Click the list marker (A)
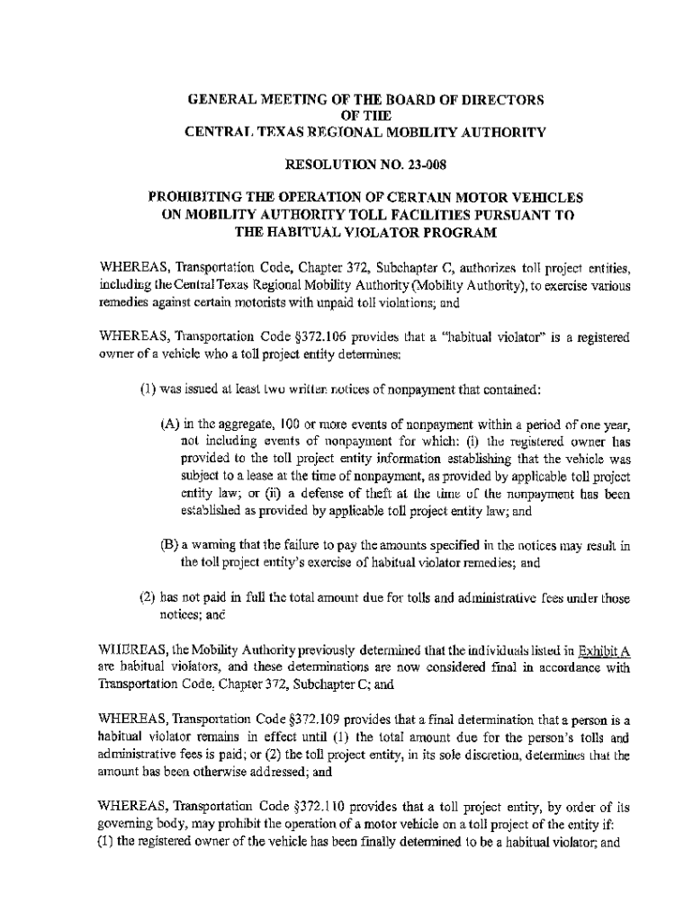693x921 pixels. pos(168,424)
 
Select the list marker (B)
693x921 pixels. pos(168,546)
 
